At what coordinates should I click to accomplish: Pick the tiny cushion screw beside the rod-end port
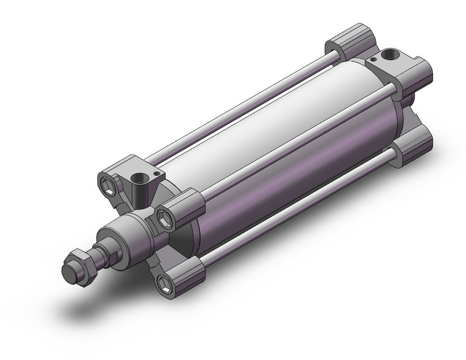[x=158, y=175]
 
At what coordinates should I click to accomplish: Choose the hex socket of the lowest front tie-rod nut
[x=164, y=282]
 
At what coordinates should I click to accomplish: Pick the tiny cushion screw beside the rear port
[x=372, y=61]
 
